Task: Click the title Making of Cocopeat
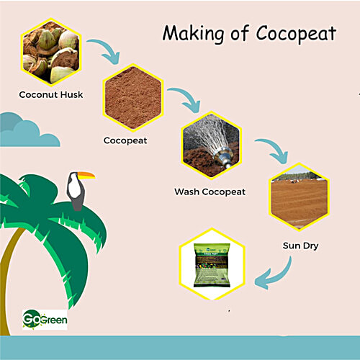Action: click(248, 33)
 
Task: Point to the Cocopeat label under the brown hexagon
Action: click(125, 140)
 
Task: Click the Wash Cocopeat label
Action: click(210, 192)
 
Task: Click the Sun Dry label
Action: click(301, 246)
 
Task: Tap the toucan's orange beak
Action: click(86, 175)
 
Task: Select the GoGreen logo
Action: click(45, 319)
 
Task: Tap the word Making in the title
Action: click(186, 33)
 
